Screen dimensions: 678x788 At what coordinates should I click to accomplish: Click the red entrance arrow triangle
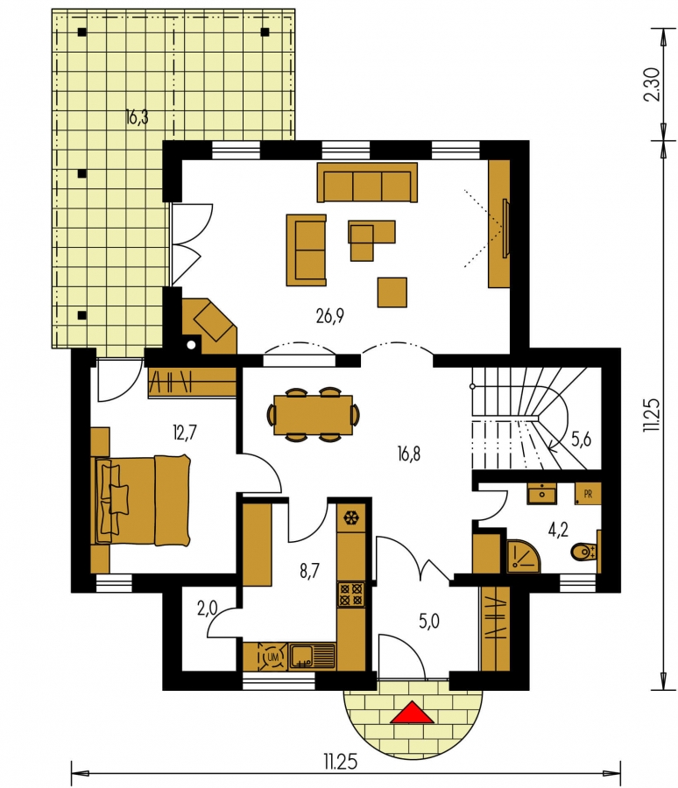412,713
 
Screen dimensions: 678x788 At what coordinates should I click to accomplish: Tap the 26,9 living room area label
330,316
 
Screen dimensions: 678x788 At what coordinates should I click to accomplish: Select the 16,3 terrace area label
138,117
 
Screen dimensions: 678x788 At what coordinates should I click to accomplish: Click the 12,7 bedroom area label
184,433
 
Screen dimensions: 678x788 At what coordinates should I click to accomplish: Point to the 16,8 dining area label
408,454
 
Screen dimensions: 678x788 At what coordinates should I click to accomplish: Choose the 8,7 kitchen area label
309,572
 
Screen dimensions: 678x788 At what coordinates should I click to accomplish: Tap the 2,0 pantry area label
207,609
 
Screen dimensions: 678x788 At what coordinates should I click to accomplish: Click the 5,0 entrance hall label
429,621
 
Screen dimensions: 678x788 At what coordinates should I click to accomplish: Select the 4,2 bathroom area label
558,530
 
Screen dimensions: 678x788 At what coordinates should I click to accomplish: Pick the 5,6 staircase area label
581,440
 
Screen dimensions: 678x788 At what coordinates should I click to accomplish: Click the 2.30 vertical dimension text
652,84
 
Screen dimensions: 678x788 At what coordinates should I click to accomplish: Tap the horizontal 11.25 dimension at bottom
340,763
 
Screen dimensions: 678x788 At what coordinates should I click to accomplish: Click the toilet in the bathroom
584,552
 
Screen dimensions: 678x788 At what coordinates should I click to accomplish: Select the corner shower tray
524,556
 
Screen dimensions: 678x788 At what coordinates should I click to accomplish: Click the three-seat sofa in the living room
367,182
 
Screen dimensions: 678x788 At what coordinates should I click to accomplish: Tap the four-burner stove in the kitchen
351,594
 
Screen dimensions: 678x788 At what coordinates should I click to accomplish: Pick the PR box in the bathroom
588,495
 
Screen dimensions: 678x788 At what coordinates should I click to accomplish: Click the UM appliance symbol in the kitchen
273,657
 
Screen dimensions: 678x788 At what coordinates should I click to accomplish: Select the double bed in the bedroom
142,500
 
